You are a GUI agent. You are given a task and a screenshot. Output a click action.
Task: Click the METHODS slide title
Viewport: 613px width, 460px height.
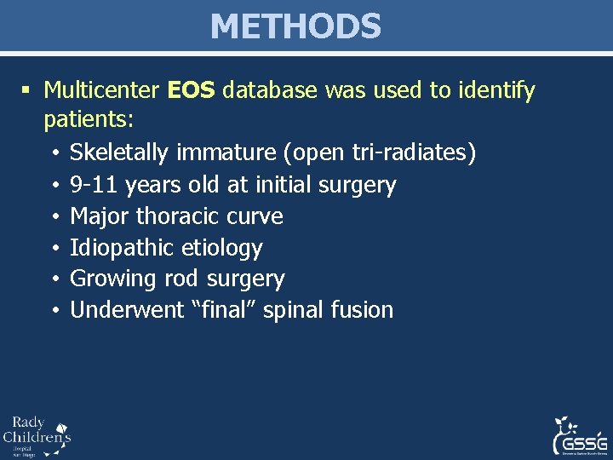(x=295, y=26)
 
